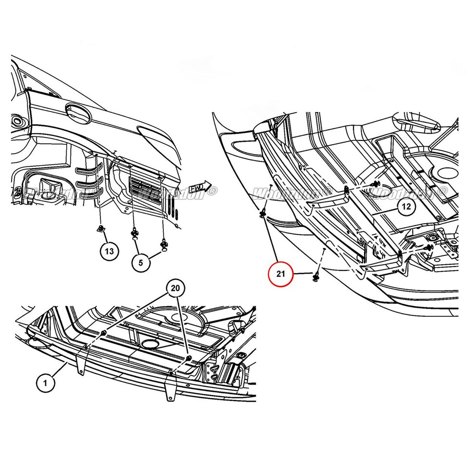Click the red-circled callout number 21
[280, 273]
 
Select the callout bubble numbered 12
[406, 206]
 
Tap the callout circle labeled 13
[110, 251]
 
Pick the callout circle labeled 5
[141, 262]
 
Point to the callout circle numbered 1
[45, 383]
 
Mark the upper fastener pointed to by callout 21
[263, 213]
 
